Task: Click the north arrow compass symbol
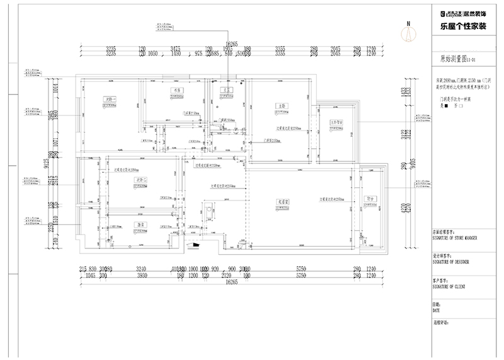(408, 32)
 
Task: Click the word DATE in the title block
(436, 310)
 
